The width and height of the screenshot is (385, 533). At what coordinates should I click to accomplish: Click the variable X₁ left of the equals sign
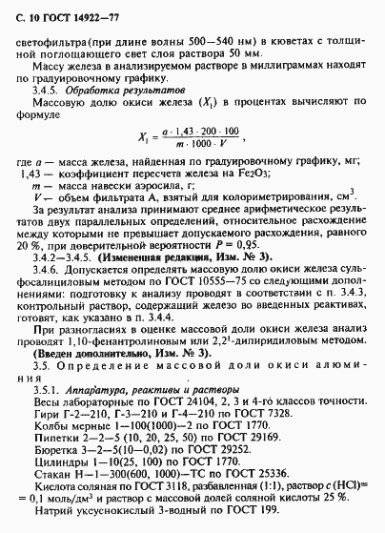coord(145,164)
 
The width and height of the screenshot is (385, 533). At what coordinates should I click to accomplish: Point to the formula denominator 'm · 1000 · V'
coord(204,173)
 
